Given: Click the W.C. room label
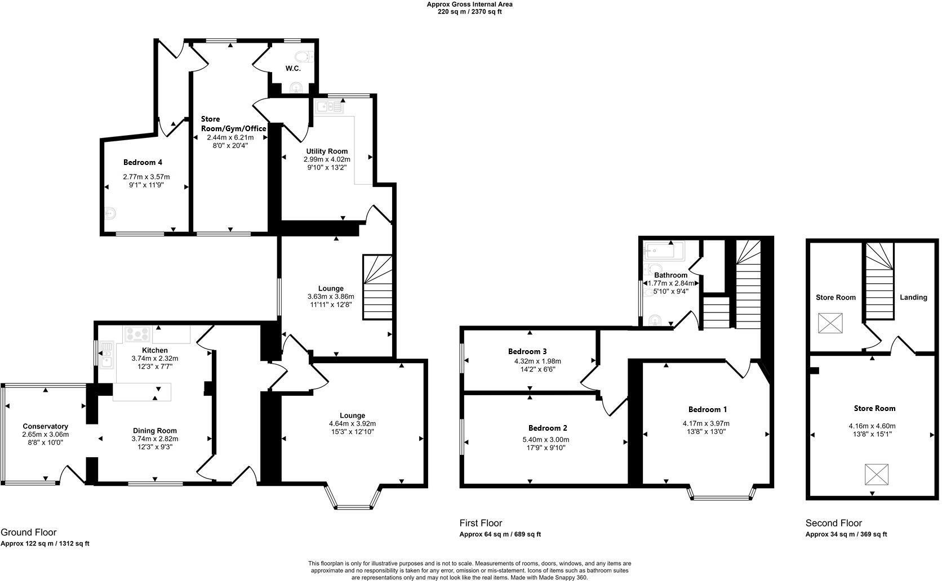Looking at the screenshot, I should [x=292, y=68].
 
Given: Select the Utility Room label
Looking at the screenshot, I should [x=327, y=151].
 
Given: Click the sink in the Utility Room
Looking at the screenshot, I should [x=329, y=105].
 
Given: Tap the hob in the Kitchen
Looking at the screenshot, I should [x=138, y=334].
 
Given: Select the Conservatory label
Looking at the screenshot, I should [x=45, y=426].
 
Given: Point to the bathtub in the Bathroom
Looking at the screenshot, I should [x=665, y=251].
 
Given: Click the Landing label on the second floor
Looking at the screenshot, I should [x=913, y=297].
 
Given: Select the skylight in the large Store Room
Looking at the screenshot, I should [x=876, y=474].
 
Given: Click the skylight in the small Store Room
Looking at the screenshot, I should [x=830, y=323].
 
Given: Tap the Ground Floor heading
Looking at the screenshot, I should [x=28, y=532].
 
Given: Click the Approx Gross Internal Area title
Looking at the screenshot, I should [x=469, y=5].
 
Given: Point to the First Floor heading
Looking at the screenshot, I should [x=480, y=523].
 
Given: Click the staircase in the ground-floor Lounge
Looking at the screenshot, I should [x=377, y=287].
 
